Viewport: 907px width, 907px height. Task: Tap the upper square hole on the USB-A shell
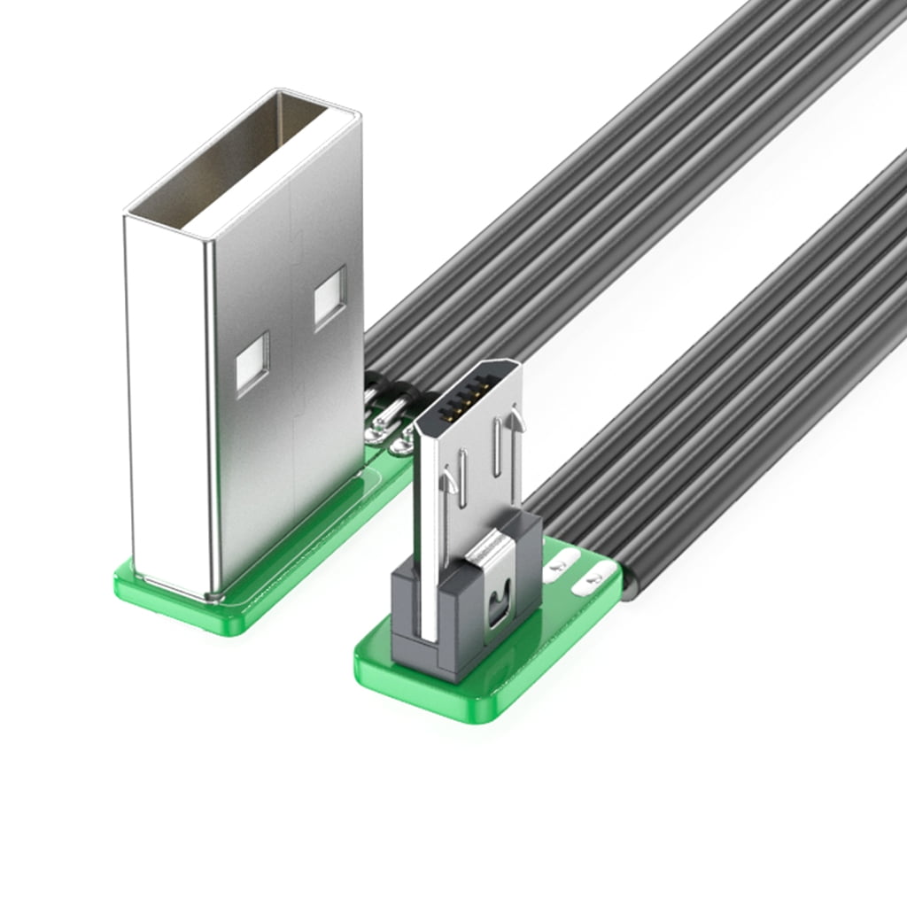click(329, 298)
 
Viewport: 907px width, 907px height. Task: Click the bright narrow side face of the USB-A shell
click(168, 399)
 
